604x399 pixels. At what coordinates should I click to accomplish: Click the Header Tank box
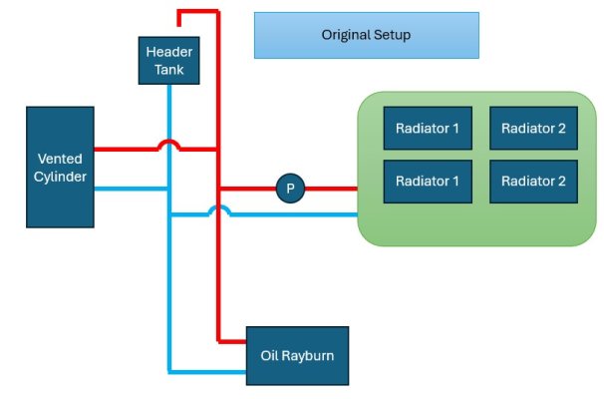(x=169, y=61)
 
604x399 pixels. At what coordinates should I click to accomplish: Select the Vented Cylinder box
(x=60, y=167)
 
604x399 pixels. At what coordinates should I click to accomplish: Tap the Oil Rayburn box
(x=298, y=355)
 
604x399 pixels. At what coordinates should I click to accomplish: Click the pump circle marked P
(x=291, y=188)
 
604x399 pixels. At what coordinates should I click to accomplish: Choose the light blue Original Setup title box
(x=366, y=35)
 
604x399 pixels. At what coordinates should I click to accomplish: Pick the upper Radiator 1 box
(x=428, y=128)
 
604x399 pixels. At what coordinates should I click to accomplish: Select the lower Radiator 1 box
(x=428, y=182)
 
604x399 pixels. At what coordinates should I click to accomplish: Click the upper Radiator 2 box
(x=533, y=128)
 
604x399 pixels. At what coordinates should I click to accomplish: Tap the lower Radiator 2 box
(x=533, y=182)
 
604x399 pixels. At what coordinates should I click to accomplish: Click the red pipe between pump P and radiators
(x=331, y=188)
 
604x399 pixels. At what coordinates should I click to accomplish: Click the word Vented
(x=60, y=159)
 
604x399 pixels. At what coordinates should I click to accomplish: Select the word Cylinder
(x=60, y=177)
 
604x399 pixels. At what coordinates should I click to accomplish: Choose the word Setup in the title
(x=392, y=35)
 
